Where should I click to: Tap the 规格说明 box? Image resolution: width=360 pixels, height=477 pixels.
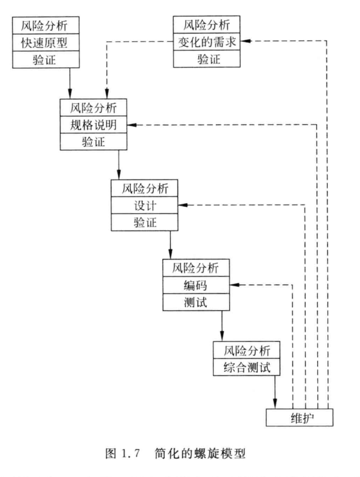point(93,125)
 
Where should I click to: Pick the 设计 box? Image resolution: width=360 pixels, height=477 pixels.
point(144,206)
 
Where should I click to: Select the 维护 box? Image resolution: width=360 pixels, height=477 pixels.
point(300,418)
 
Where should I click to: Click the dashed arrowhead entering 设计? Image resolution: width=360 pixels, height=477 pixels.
point(182,206)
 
